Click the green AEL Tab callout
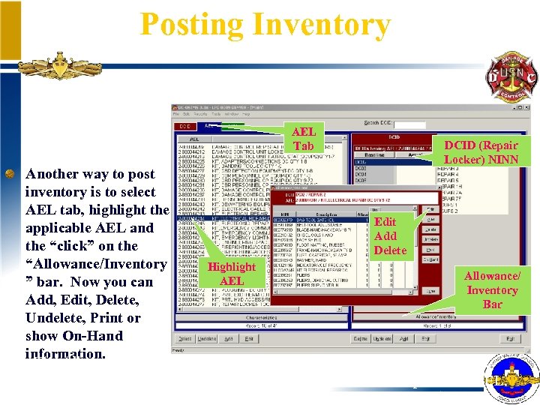(303, 138)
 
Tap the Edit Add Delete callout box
(390, 235)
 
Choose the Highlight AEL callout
(232, 274)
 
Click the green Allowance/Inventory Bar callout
(493, 289)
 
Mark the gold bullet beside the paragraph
(10, 174)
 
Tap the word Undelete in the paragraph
(57, 318)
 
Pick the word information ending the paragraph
(66, 354)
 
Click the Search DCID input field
(409, 124)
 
